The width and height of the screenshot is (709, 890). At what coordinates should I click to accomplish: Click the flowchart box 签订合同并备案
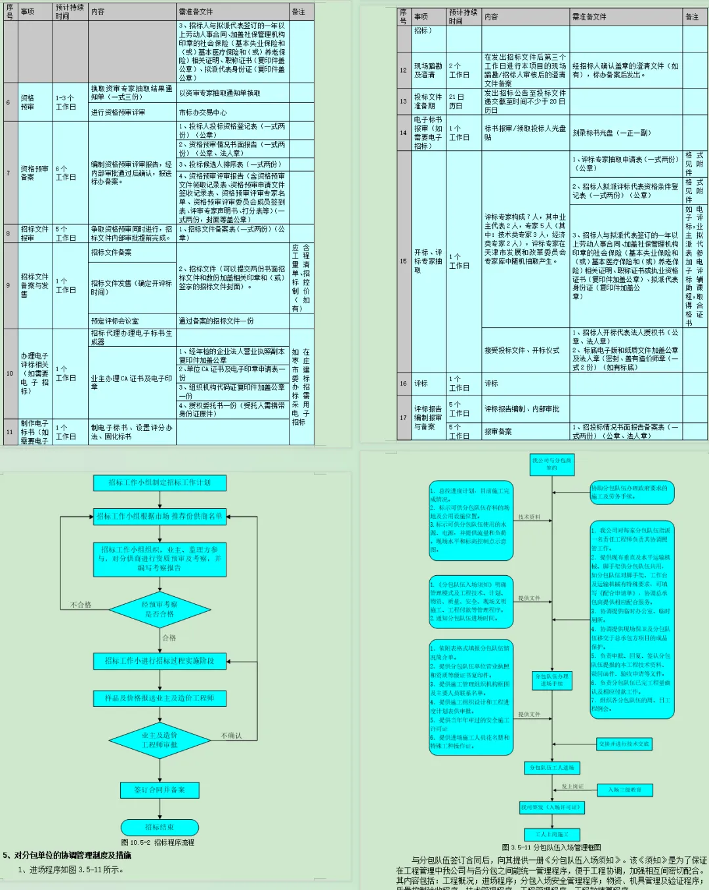[160, 790]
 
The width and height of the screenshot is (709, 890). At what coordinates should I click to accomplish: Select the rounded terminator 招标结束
[160, 827]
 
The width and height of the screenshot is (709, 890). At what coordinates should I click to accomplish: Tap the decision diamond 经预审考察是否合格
[160, 609]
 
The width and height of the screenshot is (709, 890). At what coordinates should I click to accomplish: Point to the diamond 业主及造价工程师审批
[160, 740]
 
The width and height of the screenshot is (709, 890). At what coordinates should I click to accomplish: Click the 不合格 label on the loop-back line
[81, 605]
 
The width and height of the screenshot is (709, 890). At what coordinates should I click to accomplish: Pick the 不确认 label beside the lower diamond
[231, 735]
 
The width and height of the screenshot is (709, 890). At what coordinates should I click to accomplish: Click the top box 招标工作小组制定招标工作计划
[160, 483]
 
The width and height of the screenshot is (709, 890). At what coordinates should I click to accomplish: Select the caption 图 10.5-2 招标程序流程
[158, 842]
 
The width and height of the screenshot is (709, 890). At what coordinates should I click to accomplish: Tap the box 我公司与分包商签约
[551, 464]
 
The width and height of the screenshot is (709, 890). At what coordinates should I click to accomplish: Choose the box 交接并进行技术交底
[624, 744]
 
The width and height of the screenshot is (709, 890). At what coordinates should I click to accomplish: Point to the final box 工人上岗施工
[551, 834]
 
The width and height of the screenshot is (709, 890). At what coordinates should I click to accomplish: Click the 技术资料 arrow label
[529, 517]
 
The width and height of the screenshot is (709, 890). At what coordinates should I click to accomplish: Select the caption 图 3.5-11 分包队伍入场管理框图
[551, 847]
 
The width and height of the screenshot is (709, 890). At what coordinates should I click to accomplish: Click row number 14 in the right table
[403, 133]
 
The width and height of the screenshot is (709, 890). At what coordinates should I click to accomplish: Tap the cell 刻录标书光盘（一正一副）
[611, 133]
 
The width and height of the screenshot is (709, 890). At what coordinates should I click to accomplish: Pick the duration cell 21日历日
[456, 101]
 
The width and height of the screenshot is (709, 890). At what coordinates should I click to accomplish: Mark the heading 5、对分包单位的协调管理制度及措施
[67, 855]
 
